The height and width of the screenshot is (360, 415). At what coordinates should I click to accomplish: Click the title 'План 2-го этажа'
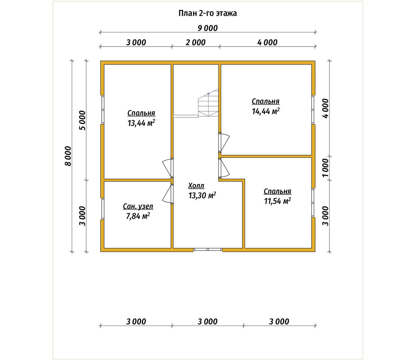[x=207, y=13]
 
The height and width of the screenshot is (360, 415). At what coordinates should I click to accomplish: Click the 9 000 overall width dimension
[x=207, y=28]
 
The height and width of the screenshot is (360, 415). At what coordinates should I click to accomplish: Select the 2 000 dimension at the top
[x=195, y=42]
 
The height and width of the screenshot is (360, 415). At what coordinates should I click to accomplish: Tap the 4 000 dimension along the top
[x=267, y=42]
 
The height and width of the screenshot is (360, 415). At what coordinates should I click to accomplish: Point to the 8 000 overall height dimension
[x=68, y=156]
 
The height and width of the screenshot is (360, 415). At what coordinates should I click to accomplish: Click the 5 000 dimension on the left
[x=83, y=120]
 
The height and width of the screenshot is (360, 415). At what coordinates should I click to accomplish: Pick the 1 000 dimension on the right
[x=325, y=168]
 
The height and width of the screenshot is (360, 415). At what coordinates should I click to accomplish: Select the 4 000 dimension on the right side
[x=325, y=108]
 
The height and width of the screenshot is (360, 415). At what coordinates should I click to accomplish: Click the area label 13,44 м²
[x=141, y=123]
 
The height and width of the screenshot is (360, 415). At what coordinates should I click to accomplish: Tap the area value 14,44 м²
[x=266, y=111]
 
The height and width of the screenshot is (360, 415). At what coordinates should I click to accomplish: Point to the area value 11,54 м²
[x=277, y=201]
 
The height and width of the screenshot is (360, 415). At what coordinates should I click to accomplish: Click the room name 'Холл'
[x=196, y=186]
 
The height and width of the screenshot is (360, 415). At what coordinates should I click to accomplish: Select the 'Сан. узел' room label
[x=138, y=206]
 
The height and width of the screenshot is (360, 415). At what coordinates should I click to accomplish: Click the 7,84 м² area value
[x=138, y=216]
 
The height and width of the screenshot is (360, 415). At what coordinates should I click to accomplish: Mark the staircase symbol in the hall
[x=209, y=103]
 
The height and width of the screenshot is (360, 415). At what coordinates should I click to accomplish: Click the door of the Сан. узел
[x=168, y=194]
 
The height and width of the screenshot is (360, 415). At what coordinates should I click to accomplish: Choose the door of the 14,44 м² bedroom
[x=224, y=142]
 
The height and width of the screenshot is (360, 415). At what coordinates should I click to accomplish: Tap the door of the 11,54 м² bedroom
[x=224, y=168]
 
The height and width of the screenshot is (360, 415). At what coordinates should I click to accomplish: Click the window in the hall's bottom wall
[x=208, y=249]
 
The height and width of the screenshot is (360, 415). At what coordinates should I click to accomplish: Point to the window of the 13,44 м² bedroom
[x=103, y=109]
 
